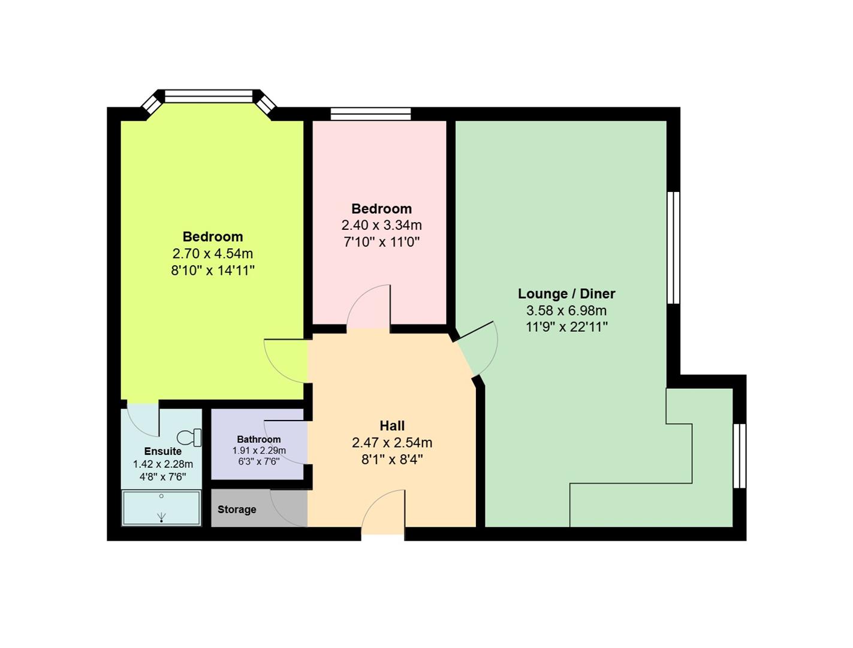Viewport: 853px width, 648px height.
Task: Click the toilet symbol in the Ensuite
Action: [190, 437]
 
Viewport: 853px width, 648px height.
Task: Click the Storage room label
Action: [237, 509]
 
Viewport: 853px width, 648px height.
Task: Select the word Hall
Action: [392, 426]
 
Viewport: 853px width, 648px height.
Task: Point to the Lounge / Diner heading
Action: [566, 294]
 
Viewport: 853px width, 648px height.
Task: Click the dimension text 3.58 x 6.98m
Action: [566, 311]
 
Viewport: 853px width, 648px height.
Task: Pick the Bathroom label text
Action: [258, 439]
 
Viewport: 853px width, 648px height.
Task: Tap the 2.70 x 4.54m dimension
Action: [213, 254]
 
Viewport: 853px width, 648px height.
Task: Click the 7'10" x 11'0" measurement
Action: [381, 242]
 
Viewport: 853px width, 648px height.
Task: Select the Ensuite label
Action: [162, 451]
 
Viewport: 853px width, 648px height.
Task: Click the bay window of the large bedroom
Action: [209, 97]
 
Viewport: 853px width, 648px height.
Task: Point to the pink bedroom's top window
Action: [370, 113]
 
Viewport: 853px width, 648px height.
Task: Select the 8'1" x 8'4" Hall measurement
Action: [392, 460]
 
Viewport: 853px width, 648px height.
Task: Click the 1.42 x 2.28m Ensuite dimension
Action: [162, 464]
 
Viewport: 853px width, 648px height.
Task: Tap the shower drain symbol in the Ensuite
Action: [161, 517]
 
